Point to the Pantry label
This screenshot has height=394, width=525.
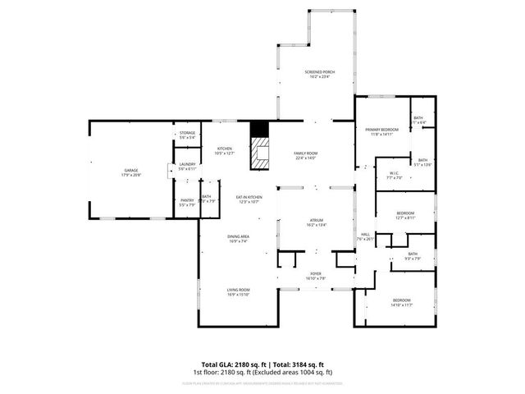click(187, 202)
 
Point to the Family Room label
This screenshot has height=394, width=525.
click(305, 156)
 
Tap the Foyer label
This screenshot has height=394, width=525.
click(316, 276)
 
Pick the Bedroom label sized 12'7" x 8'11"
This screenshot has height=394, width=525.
click(405, 215)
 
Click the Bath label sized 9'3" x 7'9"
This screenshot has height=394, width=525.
click(412, 256)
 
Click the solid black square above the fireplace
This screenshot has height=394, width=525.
click(259, 130)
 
